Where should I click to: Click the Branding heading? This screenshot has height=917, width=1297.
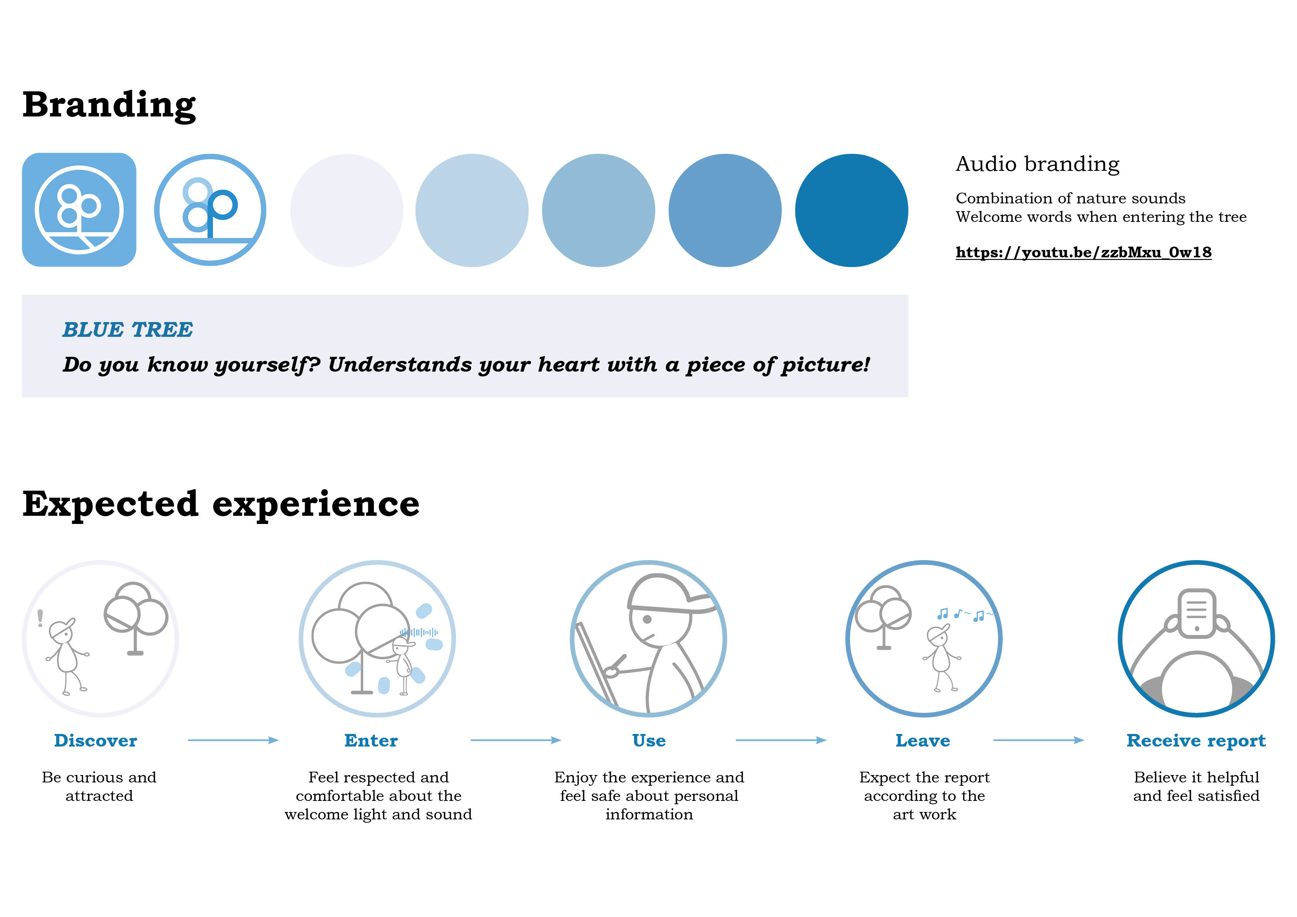pos(109,106)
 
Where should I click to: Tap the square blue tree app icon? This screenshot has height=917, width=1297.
pos(79,210)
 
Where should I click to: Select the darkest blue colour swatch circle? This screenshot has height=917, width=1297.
pos(851,210)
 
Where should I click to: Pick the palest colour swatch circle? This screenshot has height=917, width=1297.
pos(347,210)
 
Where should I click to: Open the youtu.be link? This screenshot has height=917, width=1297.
pos(1083,252)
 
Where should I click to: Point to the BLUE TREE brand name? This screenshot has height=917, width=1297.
pos(128,329)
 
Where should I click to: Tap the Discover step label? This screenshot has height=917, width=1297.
pos(95,740)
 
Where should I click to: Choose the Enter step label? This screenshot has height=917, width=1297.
pos(371,740)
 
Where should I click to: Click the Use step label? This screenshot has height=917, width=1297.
pos(649,740)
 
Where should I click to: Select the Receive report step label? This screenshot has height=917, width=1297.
pos(1196,741)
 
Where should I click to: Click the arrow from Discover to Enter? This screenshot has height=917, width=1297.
pos(233,740)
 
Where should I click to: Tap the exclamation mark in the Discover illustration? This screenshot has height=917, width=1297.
pos(40,618)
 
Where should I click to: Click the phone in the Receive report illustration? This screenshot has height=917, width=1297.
pos(1196,613)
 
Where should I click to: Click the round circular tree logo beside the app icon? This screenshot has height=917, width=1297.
pos(210,210)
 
